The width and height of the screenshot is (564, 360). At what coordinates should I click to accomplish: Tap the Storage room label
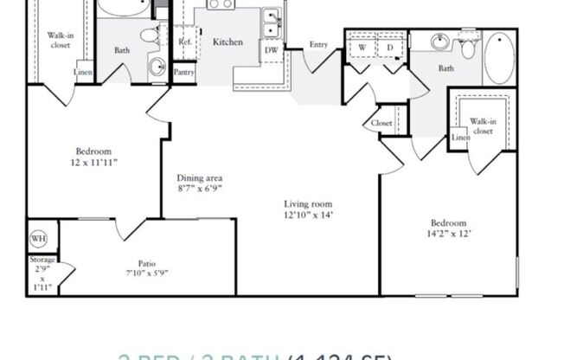click(43, 260)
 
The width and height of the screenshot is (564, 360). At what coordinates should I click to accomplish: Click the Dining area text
click(200, 178)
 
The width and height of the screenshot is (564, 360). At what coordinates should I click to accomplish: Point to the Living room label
click(308, 205)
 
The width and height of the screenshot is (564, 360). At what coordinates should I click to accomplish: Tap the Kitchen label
click(228, 42)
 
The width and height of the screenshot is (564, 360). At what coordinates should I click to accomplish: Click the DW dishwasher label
click(271, 50)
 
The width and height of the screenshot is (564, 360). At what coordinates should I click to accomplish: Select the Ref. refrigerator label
click(184, 42)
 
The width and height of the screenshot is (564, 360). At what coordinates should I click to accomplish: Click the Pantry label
click(183, 73)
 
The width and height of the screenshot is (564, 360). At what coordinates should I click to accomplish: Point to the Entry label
click(318, 45)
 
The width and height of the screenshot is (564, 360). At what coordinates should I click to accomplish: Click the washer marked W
click(362, 48)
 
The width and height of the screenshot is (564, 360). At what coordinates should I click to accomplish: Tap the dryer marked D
click(389, 48)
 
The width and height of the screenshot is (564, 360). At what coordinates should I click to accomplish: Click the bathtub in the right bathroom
click(498, 57)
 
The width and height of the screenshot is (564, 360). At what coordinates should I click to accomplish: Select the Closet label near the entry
click(381, 123)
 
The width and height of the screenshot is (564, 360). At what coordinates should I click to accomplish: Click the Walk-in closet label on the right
click(482, 126)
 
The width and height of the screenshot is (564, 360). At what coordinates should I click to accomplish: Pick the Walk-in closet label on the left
click(60, 41)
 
